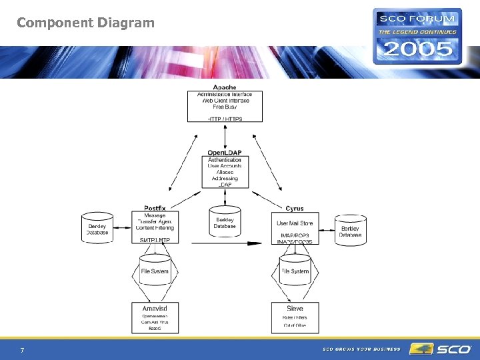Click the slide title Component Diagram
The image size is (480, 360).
pyautogui.click(x=85, y=23)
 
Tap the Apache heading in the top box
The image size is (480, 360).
pyautogui.click(x=225, y=87)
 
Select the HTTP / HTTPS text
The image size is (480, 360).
pyautogui.click(x=225, y=119)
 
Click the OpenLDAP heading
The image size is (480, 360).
pyautogui.click(x=225, y=153)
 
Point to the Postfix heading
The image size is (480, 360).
pyautogui.click(x=155, y=209)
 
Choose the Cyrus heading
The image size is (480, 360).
pyautogui.click(x=294, y=209)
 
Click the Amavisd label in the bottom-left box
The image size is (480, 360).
pyautogui.click(x=155, y=309)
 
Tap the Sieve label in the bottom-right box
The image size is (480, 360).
pyautogui.click(x=295, y=309)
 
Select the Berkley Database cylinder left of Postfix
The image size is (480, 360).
pyautogui.click(x=97, y=229)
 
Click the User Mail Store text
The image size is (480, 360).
pyautogui.click(x=295, y=223)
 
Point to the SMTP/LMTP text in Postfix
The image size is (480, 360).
pyautogui.click(x=155, y=240)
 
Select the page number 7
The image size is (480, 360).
pyautogui.click(x=23, y=350)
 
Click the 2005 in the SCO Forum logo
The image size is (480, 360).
pyautogui.click(x=417, y=48)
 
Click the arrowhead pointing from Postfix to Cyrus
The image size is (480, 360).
pyautogui.click(x=254, y=243)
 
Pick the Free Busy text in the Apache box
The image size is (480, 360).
pyautogui.click(x=225, y=107)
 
